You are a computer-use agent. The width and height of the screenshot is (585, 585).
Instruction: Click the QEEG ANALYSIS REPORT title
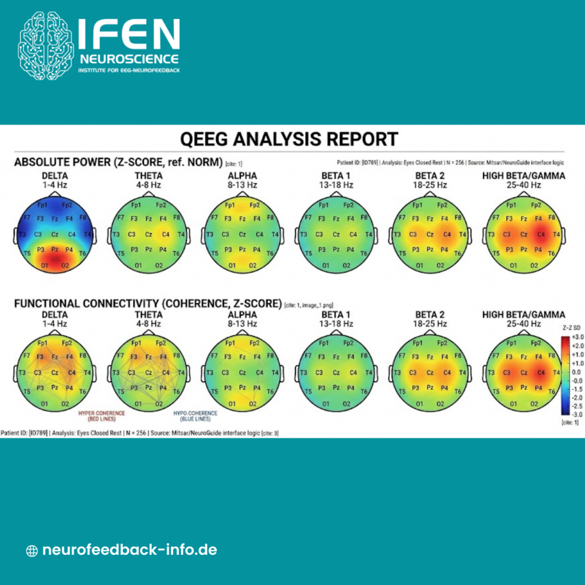coord(289,139)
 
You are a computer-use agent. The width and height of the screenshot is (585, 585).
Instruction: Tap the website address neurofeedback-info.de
coord(130,550)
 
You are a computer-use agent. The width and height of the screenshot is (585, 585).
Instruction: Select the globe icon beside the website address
coord(32,551)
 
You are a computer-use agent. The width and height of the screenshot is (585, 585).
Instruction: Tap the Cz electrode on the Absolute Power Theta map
coord(149,234)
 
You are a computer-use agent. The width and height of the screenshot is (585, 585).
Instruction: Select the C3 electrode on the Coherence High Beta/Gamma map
coord(506,372)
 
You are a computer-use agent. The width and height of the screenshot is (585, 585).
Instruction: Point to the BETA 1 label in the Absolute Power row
coord(335,176)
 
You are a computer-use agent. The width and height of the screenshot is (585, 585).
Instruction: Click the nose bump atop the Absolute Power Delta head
coord(55,194)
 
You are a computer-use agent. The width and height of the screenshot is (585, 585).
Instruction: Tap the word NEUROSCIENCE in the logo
coord(129,59)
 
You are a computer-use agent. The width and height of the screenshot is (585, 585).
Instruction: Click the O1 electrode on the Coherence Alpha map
coord(232,404)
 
